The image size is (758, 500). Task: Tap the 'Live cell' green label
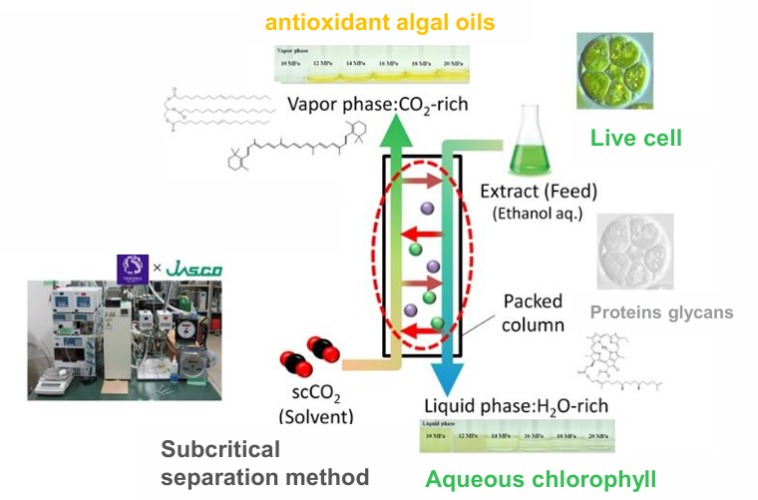(x=635, y=138)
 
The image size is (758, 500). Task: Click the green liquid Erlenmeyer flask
(x=530, y=151)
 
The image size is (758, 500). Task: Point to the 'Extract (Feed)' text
(x=544, y=191)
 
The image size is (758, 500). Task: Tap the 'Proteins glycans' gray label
(x=661, y=312)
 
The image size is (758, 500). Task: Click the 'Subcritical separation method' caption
(x=265, y=462)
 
